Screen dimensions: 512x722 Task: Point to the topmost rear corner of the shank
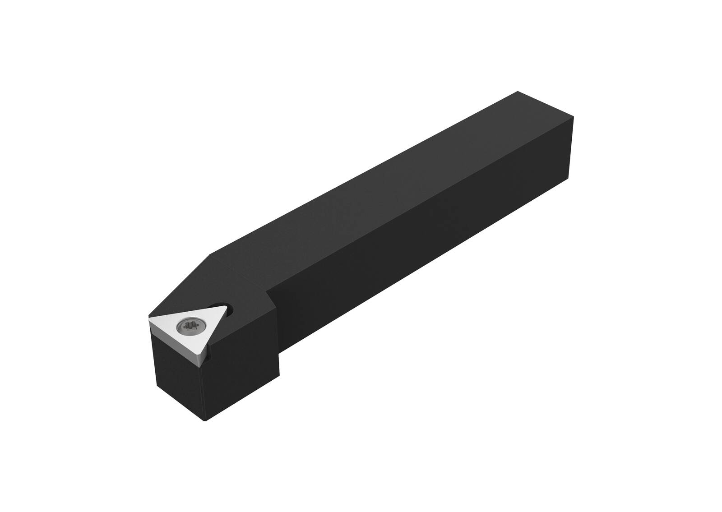517,92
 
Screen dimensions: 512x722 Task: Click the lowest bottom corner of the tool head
205,420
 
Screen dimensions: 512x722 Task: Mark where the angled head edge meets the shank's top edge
211,254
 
